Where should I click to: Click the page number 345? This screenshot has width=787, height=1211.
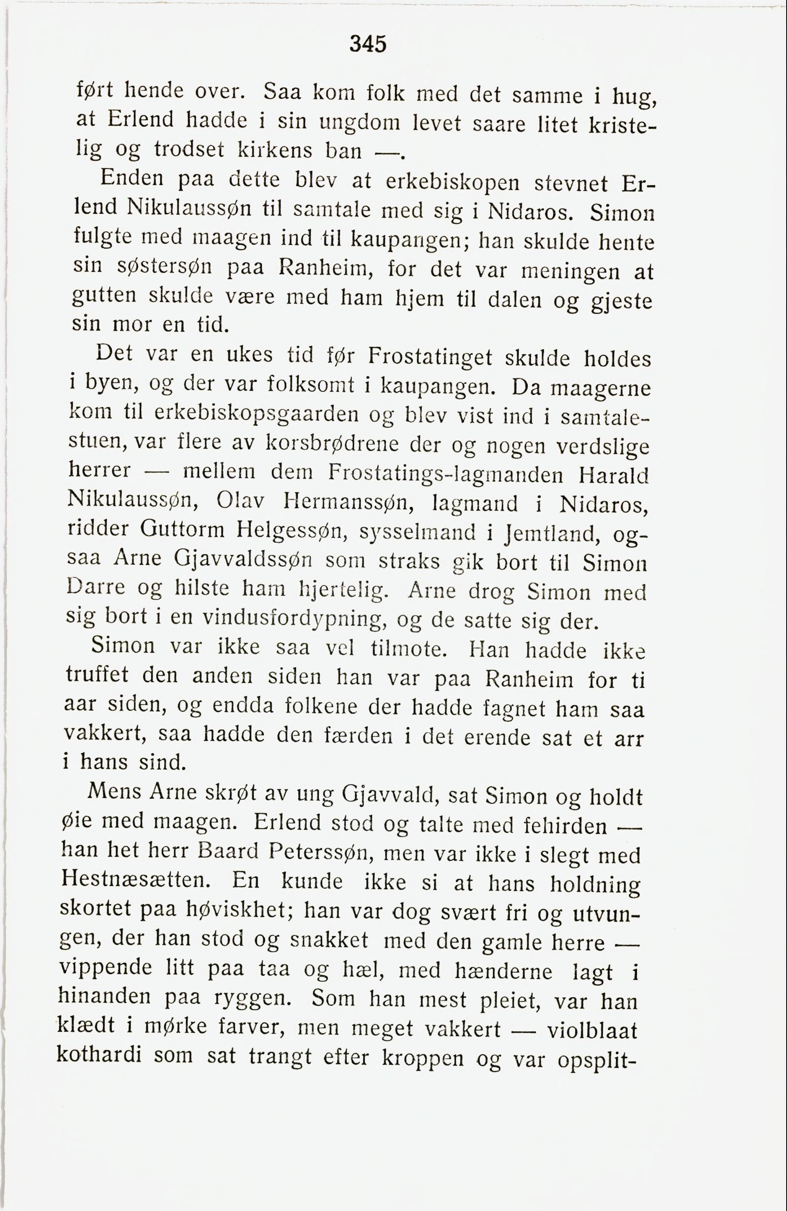pos(368,44)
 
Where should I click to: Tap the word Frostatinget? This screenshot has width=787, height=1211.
pos(430,357)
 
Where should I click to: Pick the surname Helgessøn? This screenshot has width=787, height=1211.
pos(292,531)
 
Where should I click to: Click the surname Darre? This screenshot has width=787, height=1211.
pos(96,588)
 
